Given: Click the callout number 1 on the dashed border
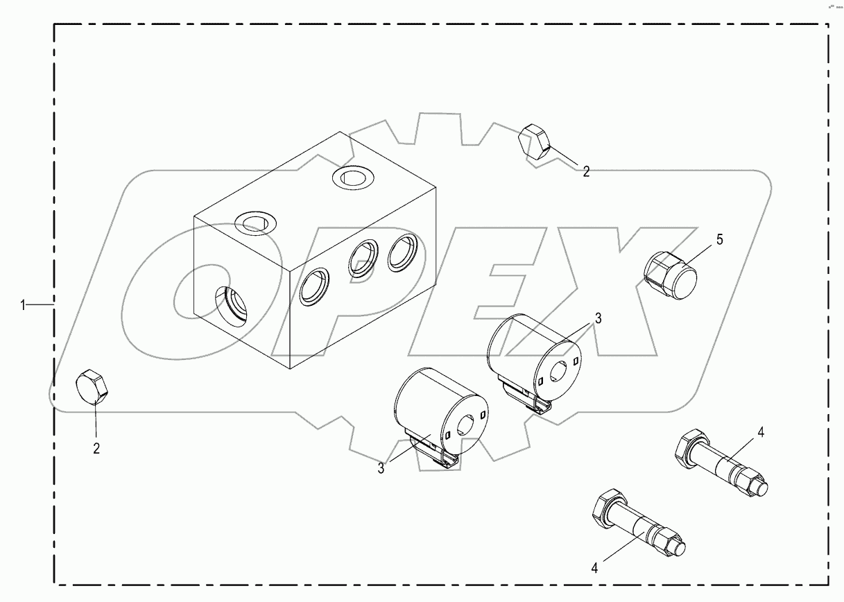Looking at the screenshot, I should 23,304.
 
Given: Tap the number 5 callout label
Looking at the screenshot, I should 719,239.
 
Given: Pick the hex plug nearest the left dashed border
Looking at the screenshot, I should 92,386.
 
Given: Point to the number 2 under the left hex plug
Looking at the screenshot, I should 96,448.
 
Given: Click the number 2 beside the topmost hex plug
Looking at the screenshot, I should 586,171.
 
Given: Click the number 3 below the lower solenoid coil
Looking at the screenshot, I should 381,468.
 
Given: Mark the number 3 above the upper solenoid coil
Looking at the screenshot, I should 598,319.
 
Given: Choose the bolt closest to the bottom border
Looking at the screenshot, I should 638,525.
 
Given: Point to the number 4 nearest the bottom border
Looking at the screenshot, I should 594,568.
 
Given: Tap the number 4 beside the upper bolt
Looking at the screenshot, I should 761,432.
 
